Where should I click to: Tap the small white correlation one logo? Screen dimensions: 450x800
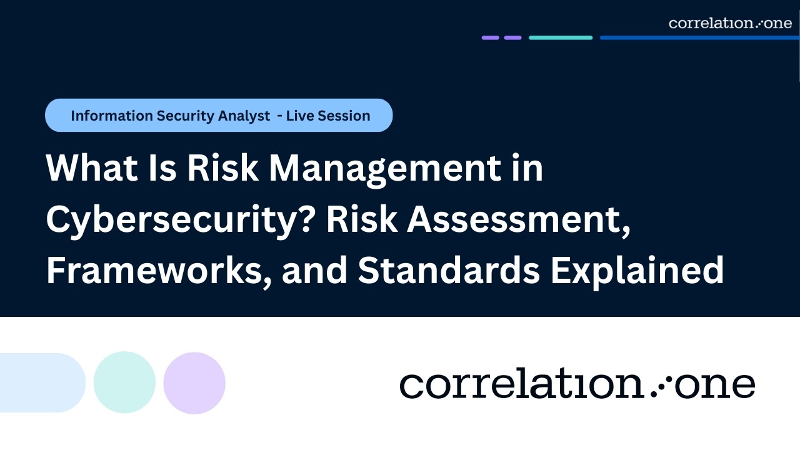tap(730, 23)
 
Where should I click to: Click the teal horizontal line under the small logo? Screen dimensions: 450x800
tap(561, 37)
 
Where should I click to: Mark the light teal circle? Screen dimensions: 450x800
tap(124, 382)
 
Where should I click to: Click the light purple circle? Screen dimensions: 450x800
tap(194, 382)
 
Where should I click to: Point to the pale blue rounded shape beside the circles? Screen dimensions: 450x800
tap(41, 382)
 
